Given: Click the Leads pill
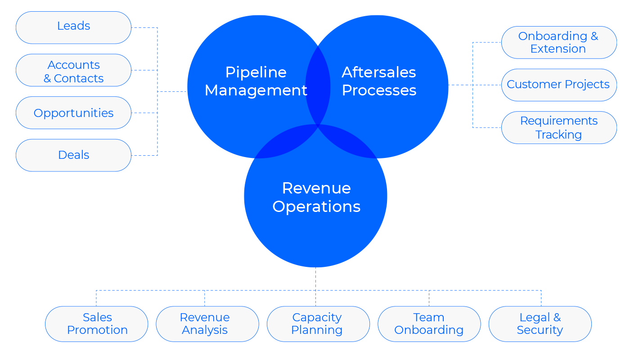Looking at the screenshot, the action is pos(73,27).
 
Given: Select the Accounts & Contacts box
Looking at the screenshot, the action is pos(73,70).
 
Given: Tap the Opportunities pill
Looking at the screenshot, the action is pos(73,113).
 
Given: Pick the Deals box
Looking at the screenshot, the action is pos(73,155).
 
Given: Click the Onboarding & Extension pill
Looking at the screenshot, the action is pos(559,42).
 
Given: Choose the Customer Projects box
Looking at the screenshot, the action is pos(559,85).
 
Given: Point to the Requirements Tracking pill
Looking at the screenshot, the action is pos(559,128).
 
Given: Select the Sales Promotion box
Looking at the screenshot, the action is pos(96,324).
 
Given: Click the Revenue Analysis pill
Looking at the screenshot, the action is pos(207,324).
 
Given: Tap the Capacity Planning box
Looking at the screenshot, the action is pos(318,324).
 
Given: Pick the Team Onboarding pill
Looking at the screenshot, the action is pos(429,324).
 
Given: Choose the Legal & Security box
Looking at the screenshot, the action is pos(540,324).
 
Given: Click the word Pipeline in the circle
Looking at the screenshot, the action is pos(256,73).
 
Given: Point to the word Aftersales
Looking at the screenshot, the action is pos(379,72).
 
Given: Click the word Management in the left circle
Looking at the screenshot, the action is pos(256,91).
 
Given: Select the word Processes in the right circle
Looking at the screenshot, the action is pos(379,90).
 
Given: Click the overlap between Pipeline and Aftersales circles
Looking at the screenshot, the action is pos(318,85).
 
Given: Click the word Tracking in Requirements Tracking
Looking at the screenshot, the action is pos(558,135).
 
